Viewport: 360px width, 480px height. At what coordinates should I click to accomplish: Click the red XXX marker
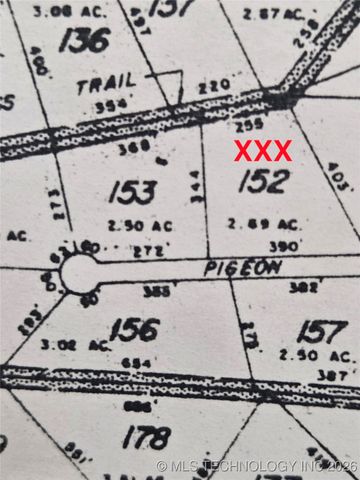click(263, 151)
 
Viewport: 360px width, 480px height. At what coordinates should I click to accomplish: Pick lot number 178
click(146, 436)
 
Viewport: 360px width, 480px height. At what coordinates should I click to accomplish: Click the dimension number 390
click(284, 244)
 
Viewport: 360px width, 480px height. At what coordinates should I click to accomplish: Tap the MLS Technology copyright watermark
click(257, 466)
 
